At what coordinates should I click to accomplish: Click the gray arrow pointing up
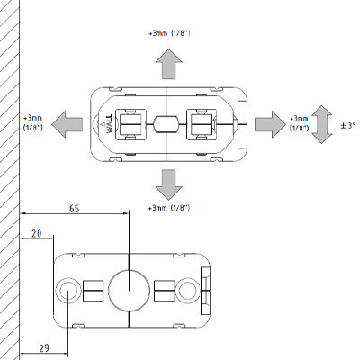(169, 64)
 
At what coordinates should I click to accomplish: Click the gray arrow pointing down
(169, 184)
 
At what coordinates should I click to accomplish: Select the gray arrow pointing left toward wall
(67, 124)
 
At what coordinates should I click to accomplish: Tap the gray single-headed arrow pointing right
(271, 124)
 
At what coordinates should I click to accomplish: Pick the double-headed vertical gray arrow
(321, 124)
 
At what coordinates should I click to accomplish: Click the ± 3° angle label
(347, 126)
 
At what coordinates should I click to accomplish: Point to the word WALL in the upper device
(109, 123)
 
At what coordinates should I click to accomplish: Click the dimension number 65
(75, 209)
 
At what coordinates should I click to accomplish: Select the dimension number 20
(37, 233)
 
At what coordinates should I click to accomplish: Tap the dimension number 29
(44, 348)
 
